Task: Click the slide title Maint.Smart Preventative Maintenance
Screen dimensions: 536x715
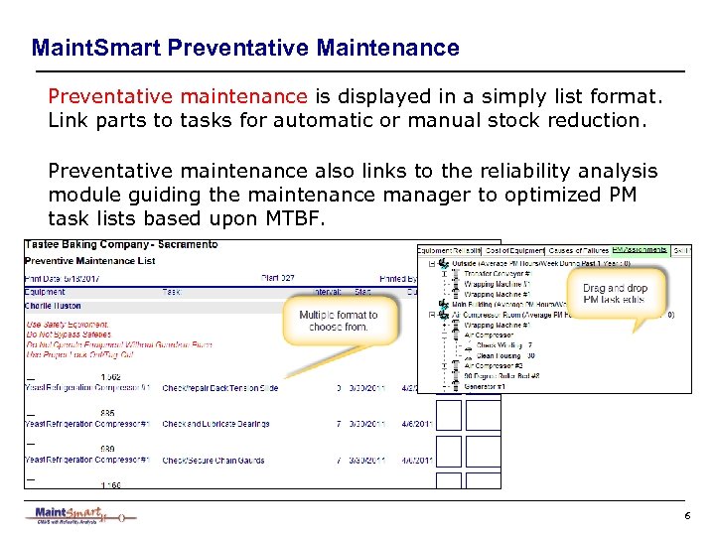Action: [x=245, y=48]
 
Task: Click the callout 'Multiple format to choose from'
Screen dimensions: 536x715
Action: [x=339, y=320]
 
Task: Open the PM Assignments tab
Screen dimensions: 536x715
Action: [x=640, y=250]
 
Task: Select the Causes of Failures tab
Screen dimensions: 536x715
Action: [x=581, y=250]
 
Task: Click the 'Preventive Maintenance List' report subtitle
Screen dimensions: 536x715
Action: [x=89, y=262]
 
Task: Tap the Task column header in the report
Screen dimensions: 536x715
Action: [x=172, y=292]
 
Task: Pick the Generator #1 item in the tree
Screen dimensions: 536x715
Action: [x=488, y=386]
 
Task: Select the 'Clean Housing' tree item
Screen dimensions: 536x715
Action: [x=503, y=355]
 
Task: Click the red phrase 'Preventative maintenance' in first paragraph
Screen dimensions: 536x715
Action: [x=178, y=97]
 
